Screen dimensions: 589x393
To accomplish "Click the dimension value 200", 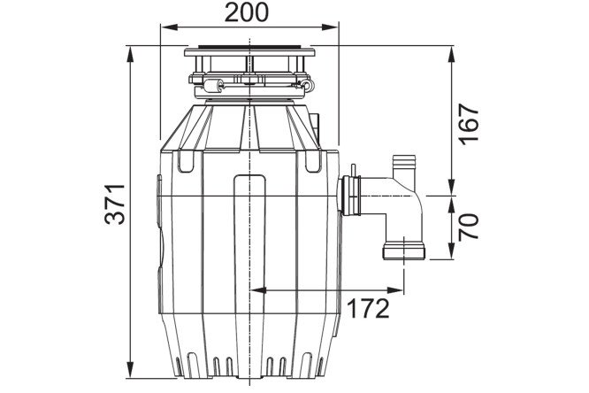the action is [x=247, y=12].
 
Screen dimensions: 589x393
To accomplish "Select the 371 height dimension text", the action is [x=115, y=204].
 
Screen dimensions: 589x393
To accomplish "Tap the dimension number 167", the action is [x=470, y=125].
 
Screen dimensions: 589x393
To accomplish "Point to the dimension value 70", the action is [x=470, y=227].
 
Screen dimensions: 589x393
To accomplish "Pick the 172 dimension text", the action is [x=368, y=309].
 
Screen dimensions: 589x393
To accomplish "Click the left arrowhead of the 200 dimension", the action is [x=169, y=27].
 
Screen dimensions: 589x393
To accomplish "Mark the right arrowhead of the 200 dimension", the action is [x=330, y=27].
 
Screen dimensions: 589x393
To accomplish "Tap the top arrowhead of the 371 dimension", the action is [x=130, y=54].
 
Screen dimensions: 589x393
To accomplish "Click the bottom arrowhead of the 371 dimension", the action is [x=130, y=370].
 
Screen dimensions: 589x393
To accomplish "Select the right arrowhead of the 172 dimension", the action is [x=395, y=290].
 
